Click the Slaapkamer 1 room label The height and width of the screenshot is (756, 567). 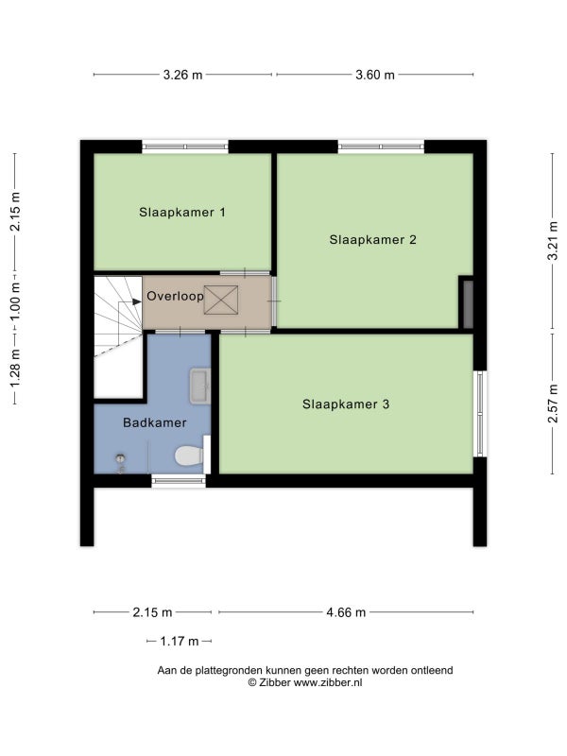pos(182,212)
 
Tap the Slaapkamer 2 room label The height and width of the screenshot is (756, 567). pos(372,240)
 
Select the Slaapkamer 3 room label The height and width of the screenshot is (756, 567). pos(346,404)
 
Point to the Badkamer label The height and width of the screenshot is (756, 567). pos(155,422)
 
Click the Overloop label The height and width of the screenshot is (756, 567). pos(175,296)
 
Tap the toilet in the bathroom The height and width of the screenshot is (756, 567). pos(189,455)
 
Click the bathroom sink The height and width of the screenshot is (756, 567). pos(200,386)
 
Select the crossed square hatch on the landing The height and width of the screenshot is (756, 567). pos(221,300)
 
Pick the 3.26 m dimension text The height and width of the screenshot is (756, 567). pos(182,75)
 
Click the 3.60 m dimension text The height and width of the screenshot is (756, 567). pos(375,75)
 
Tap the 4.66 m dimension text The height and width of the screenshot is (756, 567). pos(346,612)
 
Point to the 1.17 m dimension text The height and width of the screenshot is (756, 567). pos(180,642)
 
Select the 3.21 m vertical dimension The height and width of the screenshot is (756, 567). pos(553,241)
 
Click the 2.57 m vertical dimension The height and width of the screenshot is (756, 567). pos(553,404)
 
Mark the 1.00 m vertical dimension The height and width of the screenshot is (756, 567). pos(15,302)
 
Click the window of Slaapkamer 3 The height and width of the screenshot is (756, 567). pos(480,414)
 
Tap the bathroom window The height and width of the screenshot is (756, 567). pos(179,481)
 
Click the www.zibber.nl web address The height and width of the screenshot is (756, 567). pos(328,682)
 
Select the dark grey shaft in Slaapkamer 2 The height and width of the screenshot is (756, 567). pos(468,304)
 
